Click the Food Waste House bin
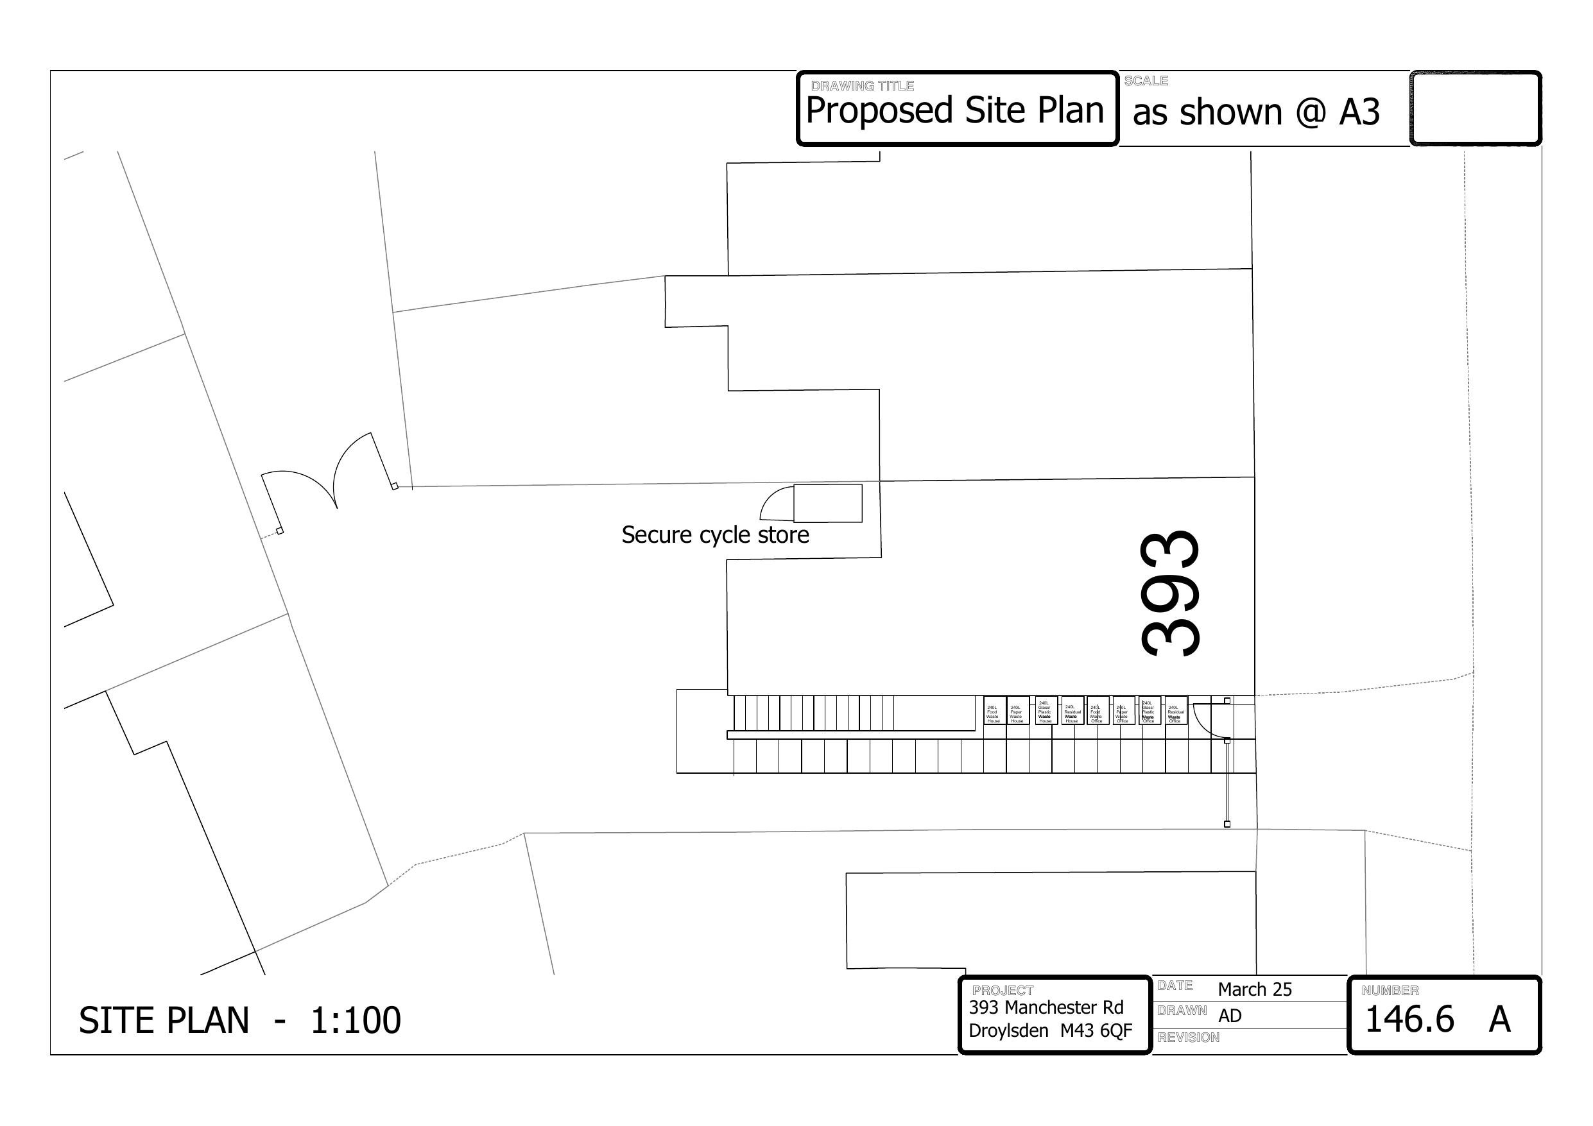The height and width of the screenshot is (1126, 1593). click(x=994, y=710)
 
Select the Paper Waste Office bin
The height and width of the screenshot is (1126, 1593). click(x=1123, y=710)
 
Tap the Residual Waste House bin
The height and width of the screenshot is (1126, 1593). click(x=1072, y=710)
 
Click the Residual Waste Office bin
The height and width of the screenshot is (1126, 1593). click(x=1175, y=710)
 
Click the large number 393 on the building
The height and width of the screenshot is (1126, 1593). click(x=1170, y=593)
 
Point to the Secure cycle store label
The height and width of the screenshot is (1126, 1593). click(x=714, y=535)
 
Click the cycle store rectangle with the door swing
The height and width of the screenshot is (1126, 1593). click(x=827, y=503)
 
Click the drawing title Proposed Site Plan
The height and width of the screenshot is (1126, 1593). click(x=954, y=111)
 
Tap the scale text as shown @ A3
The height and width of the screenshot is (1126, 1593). click(x=1255, y=112)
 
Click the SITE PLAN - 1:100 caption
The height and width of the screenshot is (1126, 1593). click(x=239, y=1021)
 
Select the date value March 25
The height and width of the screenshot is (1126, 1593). click(x=1254, y=989)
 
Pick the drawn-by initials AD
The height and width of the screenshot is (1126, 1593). click(x=1230, y=1016)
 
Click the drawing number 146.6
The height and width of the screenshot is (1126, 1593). click(x=1408, y=1019)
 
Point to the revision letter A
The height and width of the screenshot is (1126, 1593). click(x=1499, y=1019)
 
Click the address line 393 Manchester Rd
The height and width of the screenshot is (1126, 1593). click(x=1046, y=1007)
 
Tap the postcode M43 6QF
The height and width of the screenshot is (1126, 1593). click(x=1096, y=1031)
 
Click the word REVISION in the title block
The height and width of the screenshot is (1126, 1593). click(x=1188, y=1037)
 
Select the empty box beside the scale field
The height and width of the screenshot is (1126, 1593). click(x=1475, y=109)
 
